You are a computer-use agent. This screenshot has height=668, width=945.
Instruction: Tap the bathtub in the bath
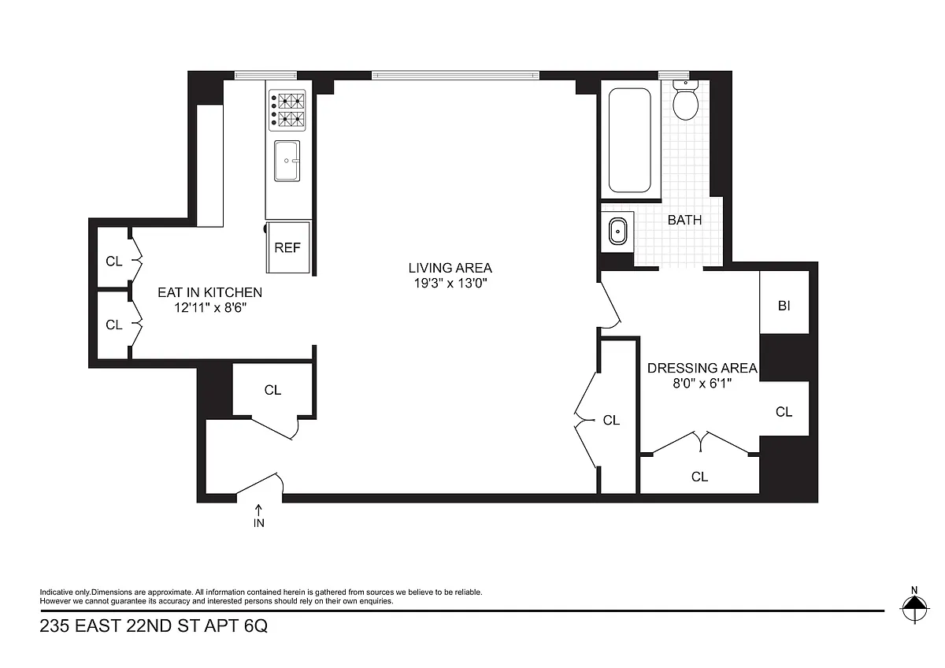pyautogui.click(x=629, y=140)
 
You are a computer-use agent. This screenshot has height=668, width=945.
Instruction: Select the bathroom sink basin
pyautogui.click(x=618, y=232)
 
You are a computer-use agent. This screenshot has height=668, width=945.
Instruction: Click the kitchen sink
pyautogui.click(x=287, y=161)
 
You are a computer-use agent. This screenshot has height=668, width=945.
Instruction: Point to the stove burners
pyautogui.click(x=287, y=110)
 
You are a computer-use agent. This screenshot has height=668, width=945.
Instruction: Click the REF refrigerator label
pyautogui.click(x=287, y=247)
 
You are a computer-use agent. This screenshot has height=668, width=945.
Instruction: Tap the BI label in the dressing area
pyautogui.click(x=784, y=306)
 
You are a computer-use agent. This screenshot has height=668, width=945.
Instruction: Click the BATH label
pyautogui.click(x=684, y=220)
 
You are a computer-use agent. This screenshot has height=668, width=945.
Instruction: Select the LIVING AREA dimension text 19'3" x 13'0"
pyautogui.click(x=450, y=283)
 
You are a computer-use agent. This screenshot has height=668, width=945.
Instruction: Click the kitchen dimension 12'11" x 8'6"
pyautogui.click(x=210, y=308)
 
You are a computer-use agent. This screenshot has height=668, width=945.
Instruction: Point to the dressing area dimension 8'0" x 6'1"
pyautogui.click(x=702, y=383)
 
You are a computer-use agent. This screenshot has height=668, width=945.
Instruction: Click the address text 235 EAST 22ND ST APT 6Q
pyautogui.click(x=154, y=625)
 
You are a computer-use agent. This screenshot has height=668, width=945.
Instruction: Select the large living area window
pyautogui.click(x=455, y=76)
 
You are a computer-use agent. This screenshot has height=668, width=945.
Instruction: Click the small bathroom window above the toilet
pyautogui.click(x=674, y=76)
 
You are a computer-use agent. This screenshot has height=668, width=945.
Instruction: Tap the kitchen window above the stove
pyautogui.click(x=265, y=76)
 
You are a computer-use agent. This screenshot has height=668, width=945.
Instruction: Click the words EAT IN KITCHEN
pyautogui.click(x=209, y=292)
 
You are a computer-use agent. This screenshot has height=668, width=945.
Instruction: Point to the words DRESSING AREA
pyautogui.click(x=702, y=368)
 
